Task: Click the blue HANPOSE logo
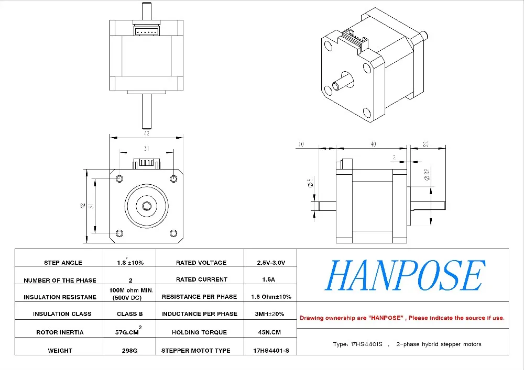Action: pos(403,276)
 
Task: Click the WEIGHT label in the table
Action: pos(60,351)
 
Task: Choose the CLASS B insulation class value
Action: pos(130,314)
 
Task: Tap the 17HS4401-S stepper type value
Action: pos(271,351)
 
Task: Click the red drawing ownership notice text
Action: pos(402,318)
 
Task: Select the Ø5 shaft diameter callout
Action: pos(311,183)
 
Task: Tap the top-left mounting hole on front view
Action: pos(119,179)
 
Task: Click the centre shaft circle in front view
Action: pos(146,206)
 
